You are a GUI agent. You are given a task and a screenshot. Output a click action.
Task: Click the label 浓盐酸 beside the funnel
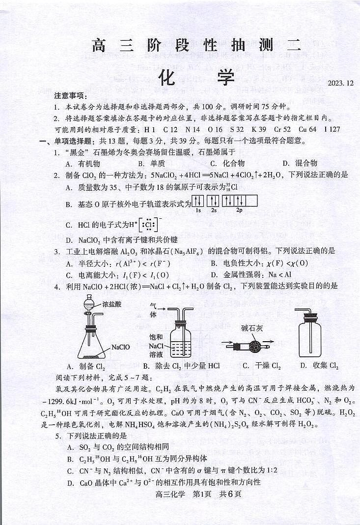click(112, 304)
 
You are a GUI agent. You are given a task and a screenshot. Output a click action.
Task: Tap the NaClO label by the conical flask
click(120, 347)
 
